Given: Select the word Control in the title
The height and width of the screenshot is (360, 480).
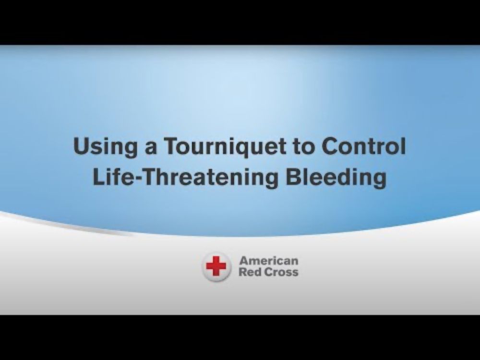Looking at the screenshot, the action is click(x=364, y=146).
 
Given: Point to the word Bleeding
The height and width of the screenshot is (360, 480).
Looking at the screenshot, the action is click(x=336, y=178).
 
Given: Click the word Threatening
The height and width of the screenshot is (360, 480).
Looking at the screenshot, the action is click(x=211, y=178).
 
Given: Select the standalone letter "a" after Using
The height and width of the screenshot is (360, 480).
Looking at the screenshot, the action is click(x=151, y=149).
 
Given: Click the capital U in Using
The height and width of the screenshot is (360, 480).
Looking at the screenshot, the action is click(x=81, y=146).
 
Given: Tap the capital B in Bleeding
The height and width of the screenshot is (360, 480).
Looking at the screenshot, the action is click(x=294, y=177).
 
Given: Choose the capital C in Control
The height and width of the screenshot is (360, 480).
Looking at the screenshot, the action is click(x=330, y=146).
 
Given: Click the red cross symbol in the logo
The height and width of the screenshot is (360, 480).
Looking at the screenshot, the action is click(x=216, y=266).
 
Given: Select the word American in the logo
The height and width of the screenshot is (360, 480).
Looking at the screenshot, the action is click(x=269, y=261).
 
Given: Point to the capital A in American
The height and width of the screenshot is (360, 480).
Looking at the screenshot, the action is click(x=244, y=261).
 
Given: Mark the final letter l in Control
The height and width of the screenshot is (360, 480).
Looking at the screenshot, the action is click(x=404, y=146).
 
